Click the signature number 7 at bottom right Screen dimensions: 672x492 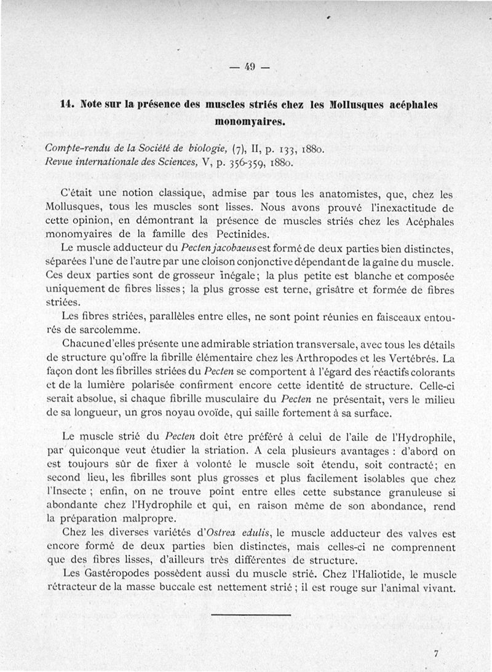tap(435, 654)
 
